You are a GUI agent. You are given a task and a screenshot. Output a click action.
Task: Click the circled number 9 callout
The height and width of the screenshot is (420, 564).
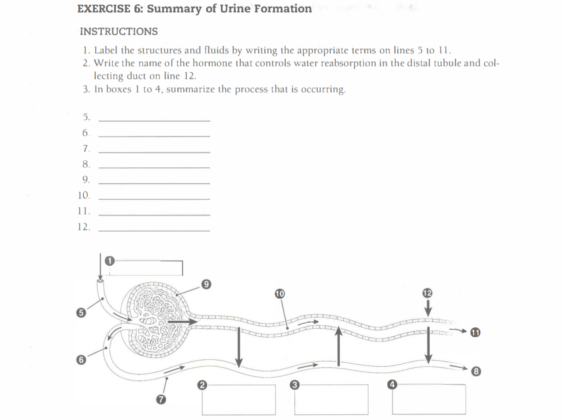coord(206,284)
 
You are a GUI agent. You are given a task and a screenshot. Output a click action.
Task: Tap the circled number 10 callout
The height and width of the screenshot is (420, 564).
coord(280,294)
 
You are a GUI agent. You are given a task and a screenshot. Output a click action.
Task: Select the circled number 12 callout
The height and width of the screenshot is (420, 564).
coord(427,293)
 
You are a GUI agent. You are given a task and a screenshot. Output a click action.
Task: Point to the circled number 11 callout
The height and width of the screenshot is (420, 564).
coord(475,332)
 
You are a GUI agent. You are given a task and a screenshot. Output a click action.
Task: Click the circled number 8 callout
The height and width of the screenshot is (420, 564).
coord(475,372)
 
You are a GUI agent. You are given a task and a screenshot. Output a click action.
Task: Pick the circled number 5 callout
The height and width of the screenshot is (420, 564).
coord(80,312)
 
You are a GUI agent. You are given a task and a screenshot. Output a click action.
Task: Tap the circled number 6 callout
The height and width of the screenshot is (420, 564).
coord(80,360)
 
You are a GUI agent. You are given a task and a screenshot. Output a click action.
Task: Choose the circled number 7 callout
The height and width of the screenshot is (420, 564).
coord(161,400)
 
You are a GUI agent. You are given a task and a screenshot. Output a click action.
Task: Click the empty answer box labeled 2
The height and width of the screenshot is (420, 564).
coord(239,400)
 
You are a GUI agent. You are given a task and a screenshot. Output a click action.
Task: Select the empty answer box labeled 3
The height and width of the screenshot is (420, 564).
coord(331,400)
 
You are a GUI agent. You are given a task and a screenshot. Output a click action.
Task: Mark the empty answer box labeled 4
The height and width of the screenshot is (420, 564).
coord(429,399)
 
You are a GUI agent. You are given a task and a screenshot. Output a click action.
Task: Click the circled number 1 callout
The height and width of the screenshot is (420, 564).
coord(109,261)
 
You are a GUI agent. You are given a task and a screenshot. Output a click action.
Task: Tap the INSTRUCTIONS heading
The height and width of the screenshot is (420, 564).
coord(119,32)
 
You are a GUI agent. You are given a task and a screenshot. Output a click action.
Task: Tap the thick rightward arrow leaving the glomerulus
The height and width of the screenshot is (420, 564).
coord(182,323)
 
